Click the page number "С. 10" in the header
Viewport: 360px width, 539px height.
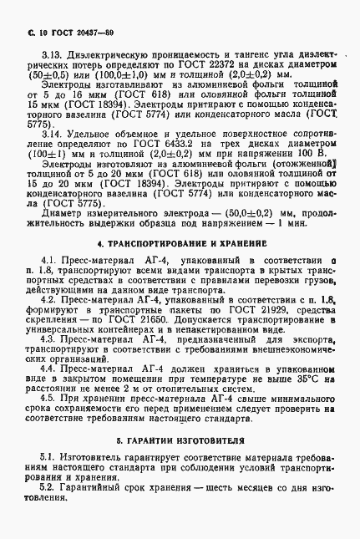coord(26,32)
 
